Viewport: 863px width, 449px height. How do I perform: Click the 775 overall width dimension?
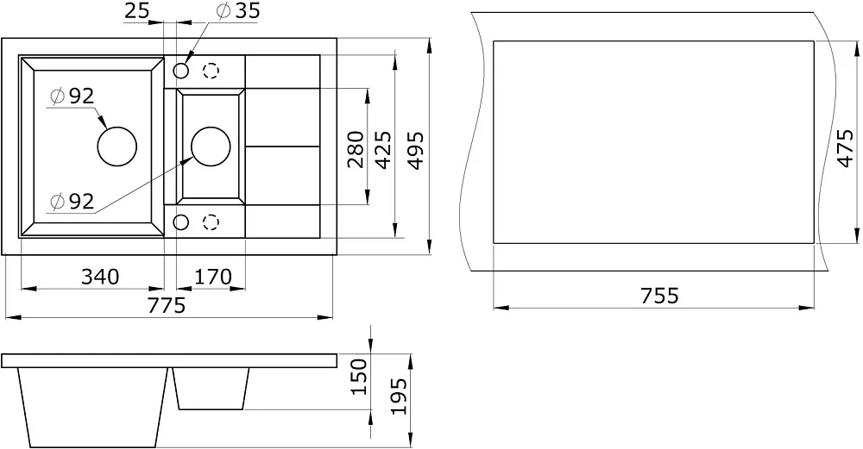pos(167,305)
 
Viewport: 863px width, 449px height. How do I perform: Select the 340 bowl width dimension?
pos(100,277)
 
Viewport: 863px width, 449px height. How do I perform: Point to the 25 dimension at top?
pos(136,10)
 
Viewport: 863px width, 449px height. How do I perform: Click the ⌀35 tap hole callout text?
pos(238,10)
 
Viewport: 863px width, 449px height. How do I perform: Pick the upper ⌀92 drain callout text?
pos(72,97)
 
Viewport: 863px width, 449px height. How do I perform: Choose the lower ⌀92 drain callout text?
pos(72,202)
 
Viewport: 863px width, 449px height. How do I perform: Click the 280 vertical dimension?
pos(356,149)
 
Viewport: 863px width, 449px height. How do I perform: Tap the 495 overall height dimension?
pos(416,150)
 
